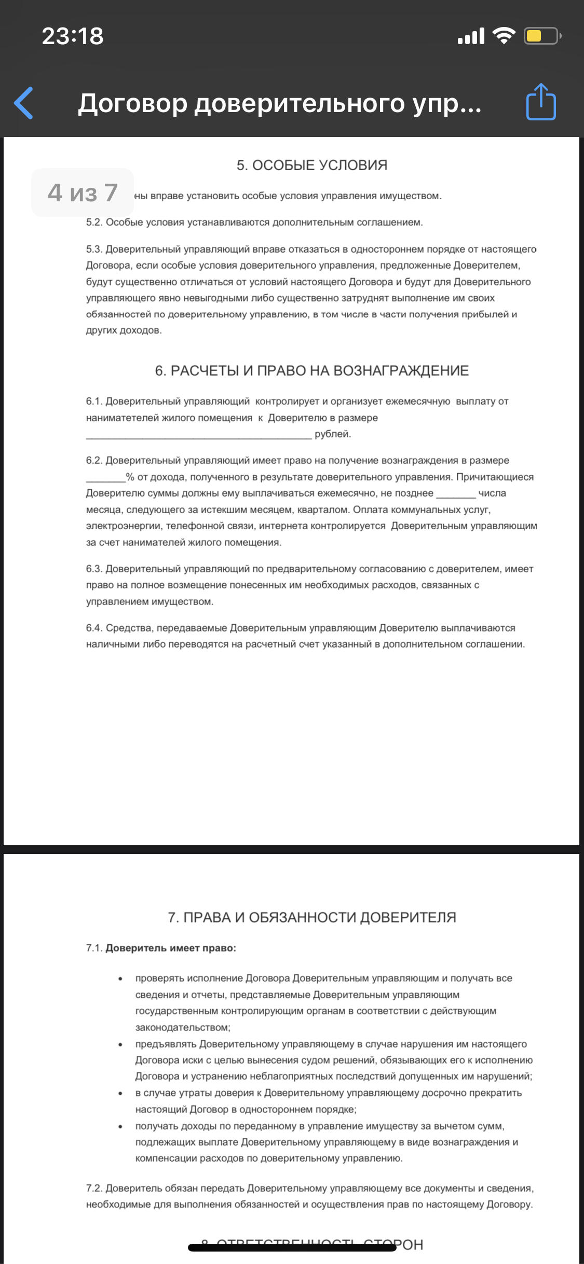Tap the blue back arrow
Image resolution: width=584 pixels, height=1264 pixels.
coord(24,103)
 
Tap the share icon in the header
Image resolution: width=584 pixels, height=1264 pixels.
coord(541,102)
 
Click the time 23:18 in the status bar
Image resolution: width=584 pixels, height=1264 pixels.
coord(73,36)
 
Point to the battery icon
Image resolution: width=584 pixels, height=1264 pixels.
coord(541,36)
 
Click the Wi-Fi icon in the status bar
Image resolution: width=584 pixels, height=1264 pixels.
coord(503,36)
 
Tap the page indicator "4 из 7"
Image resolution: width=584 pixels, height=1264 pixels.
coord(83,193)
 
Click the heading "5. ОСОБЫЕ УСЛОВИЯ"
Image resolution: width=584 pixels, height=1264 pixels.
coord(312,166)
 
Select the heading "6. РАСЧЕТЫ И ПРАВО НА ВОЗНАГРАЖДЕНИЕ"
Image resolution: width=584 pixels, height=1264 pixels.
coord(312,371)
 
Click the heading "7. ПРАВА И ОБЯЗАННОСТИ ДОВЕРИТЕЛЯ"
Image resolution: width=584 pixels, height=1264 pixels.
coord(312,917)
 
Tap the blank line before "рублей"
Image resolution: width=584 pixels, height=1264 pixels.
coord(199,435)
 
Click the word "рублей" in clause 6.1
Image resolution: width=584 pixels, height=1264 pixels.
coord(333,434)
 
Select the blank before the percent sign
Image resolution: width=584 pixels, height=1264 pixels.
coord(105,478)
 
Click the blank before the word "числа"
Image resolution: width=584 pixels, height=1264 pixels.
coord(456,494)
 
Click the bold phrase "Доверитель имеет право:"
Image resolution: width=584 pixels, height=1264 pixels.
coord(171,949)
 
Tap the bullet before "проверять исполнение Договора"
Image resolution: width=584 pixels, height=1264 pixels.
coord(120,979)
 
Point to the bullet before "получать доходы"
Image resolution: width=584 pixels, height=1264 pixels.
coord(120,1126)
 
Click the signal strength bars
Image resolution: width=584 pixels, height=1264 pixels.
coord(471,36)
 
